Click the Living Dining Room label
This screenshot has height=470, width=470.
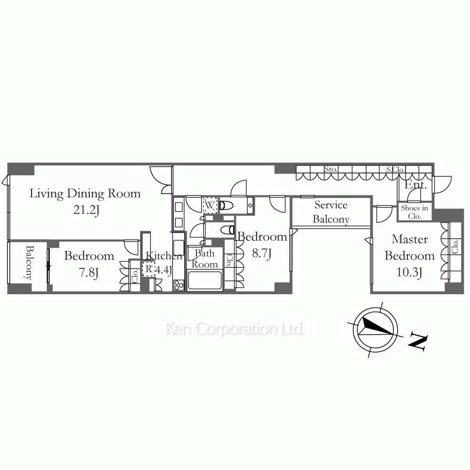85,194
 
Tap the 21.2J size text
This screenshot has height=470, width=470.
86,210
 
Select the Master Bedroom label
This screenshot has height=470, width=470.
409,247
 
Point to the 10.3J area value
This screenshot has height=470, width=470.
409,273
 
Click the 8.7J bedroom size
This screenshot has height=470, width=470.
262,253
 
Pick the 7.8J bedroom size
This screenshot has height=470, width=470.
89,273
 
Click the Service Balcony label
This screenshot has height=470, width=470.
331,212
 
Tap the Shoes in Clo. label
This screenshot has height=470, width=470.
415,212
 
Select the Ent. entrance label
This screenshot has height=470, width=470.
415,185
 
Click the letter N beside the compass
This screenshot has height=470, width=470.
417,341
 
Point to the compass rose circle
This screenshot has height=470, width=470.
375,329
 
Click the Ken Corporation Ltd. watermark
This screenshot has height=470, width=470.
235,329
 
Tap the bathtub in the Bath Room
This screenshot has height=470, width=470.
205,280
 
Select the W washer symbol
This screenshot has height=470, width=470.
210,205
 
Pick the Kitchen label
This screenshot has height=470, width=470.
164,256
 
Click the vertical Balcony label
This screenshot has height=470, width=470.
29,263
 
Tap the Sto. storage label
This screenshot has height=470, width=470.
330,169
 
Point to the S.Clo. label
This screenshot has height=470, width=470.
395,170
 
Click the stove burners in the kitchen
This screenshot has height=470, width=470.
178,285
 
